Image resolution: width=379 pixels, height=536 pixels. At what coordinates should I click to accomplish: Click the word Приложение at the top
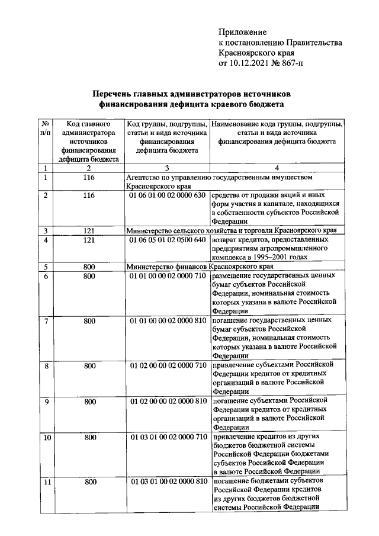[243, 31]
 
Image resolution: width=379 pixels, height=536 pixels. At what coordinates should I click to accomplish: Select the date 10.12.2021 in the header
[249, 63]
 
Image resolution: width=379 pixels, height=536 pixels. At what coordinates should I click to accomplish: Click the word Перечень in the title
[117, 94]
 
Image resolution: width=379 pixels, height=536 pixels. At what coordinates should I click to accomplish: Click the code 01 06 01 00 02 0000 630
[168, 195]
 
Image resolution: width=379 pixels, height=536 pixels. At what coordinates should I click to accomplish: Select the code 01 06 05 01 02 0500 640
[168, 240]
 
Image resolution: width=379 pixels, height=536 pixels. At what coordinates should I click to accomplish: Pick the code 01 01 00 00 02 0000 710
[168, 276]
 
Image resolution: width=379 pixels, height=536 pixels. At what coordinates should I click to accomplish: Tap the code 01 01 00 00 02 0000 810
[168, 320]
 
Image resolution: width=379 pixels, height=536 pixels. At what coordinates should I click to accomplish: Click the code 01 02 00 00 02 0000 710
[168, 365]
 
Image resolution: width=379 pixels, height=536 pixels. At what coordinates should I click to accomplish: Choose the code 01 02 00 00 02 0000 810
[168, 401]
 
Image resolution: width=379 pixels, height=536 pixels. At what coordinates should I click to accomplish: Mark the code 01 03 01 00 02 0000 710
[168, 437]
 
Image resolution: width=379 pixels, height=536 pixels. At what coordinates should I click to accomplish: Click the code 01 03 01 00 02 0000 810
[168, 482]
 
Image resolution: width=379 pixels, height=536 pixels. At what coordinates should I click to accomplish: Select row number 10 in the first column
[46, 438]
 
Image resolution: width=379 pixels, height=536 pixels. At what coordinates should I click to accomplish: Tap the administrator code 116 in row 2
[89, 195]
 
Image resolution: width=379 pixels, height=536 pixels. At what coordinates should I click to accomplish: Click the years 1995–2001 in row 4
[271, 258]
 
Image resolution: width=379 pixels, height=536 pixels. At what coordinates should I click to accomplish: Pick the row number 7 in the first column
[46, 321]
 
